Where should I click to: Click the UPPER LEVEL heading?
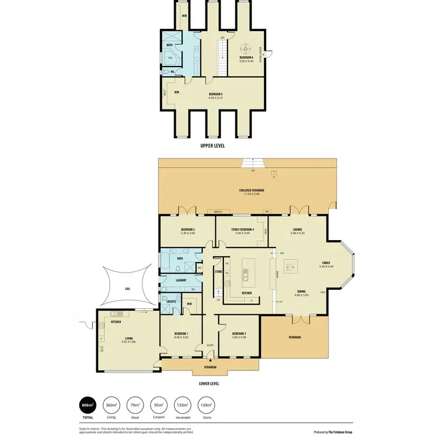[x=212, y=146]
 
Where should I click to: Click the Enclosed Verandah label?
[x=251, y=190]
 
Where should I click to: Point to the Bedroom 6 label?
[x=247, y=57]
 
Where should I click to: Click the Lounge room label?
[x=297, y=230]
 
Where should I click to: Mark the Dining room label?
[x=301, y=291]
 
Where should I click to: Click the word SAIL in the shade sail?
[x=128, y=288]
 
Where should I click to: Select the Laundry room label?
[x=181, y=281]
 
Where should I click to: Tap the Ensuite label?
[x=171, y=301]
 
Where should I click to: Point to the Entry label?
[x=210, y=346]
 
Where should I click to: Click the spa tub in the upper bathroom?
[x=171, y=58]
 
